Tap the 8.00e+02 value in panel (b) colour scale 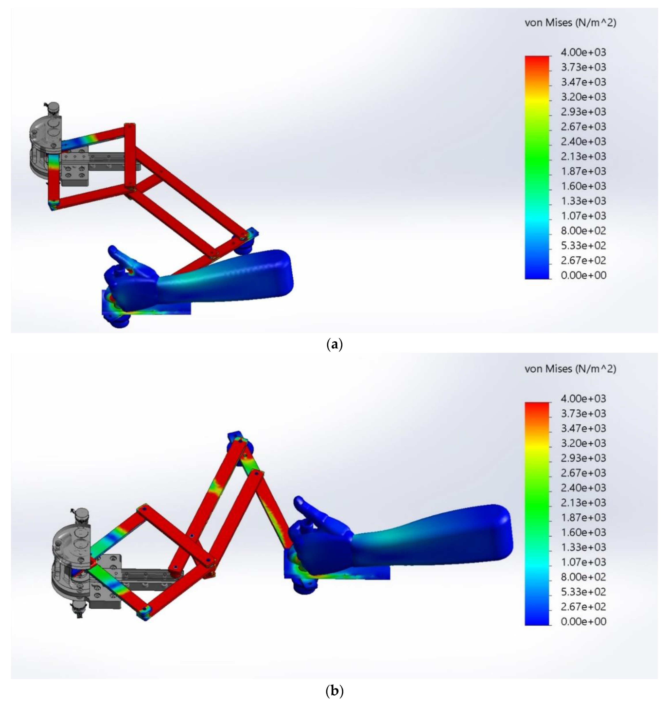583,577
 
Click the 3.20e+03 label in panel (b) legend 583,443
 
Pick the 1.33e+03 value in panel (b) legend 583,547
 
